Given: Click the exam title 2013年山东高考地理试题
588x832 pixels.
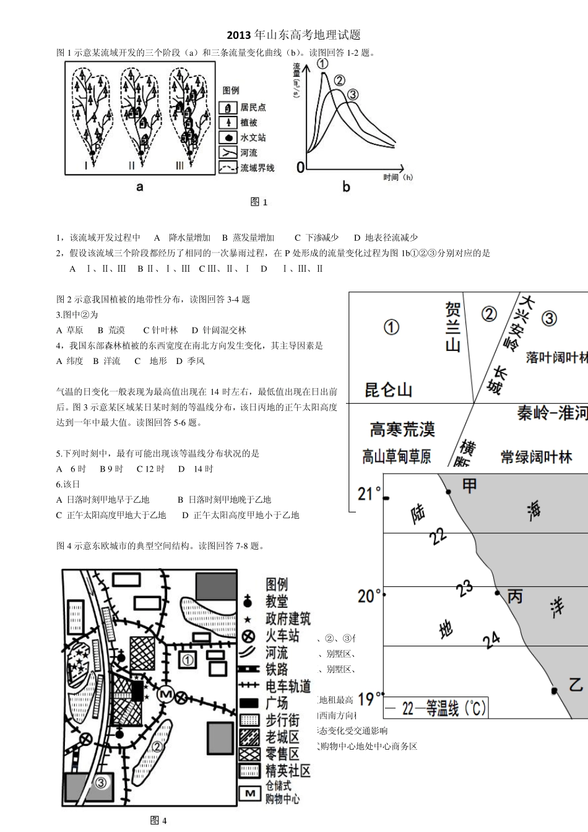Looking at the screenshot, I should coord(293,35).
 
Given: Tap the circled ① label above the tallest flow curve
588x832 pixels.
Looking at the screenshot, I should coord(322,63).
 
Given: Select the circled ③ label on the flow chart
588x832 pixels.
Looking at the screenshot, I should coord(353,95).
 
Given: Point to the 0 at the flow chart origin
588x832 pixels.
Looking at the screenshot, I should coord(301,168).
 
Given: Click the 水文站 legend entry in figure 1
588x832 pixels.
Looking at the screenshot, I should coord(253,137).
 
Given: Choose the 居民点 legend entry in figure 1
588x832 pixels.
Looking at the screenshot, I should coord(253,108).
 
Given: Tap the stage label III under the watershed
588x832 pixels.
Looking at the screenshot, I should coord(179,165).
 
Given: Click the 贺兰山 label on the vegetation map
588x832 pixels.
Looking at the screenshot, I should coord(452,326).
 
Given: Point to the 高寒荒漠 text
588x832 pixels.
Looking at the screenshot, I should coord(402,429).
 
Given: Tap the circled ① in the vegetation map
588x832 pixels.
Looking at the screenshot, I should coord(391,327).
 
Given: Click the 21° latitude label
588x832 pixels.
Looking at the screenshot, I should coord(370,494).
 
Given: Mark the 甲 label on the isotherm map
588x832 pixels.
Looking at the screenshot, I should coord(470,486).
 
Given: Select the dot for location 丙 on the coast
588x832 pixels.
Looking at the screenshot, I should coord(497,593).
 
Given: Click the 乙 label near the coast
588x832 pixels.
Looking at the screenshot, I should coord(576,685).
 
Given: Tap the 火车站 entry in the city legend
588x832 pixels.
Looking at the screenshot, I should coord(282,636).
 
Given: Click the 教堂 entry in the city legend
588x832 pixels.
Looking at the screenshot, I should coord(277,601).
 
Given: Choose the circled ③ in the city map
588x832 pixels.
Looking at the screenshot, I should coord(102,782).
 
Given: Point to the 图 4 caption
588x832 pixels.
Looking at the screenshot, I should coord(158,821).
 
